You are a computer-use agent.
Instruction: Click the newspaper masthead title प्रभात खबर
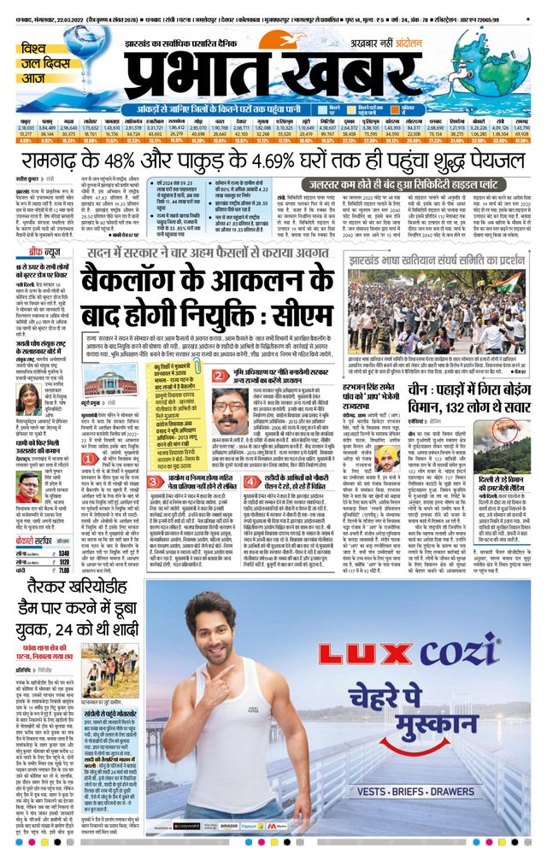coord(256,64)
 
